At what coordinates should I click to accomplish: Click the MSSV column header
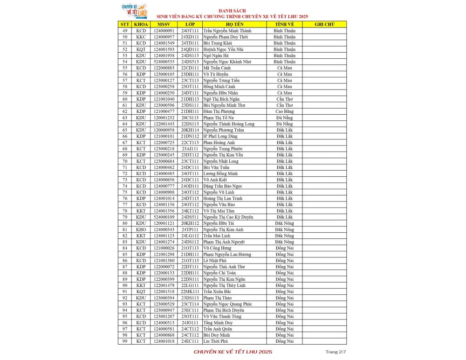tap(164, 24)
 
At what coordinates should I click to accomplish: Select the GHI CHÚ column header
tap(324, 24)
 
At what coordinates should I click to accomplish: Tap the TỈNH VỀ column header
tap(284, 24)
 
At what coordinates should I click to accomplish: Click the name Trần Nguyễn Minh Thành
tap(227, 30)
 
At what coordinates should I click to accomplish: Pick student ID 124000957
tap(164, 36)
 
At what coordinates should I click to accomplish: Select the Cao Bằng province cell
tap(284, 111)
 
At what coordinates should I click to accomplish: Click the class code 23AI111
tap(190, 148)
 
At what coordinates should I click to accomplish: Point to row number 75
tap(125, 192)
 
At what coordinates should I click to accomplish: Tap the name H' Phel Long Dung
tap(220, 136)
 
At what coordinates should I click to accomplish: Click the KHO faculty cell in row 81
tap(141, 229)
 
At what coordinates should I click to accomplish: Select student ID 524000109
tap(164, 217)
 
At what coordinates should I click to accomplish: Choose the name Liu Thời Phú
tap(215, 341)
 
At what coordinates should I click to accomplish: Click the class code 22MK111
tap(190, 291)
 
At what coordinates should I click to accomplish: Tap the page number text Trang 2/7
tap(336, 351)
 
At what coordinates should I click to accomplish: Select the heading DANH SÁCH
tap(232, 10)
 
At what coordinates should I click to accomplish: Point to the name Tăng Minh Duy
tap(218, 323)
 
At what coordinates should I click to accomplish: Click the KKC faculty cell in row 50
tap(141, 36)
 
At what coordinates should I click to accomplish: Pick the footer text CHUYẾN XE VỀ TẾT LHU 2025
tap(233, 352)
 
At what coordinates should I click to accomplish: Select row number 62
tap(125, 111)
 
